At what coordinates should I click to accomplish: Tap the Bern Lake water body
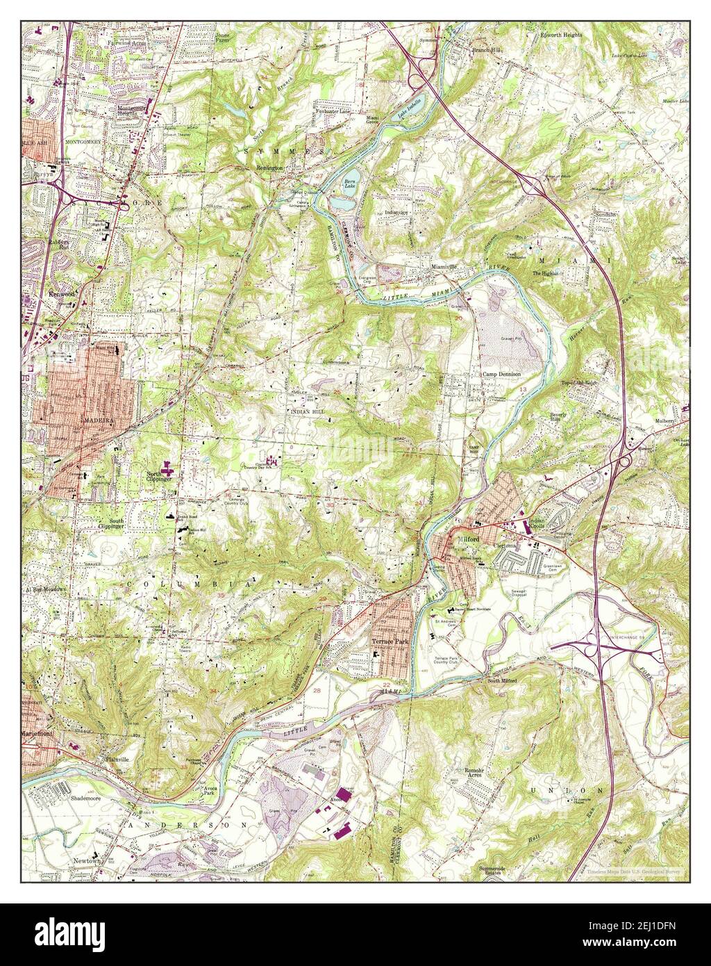tap(349, 184)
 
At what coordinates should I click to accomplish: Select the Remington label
tap(270, 169)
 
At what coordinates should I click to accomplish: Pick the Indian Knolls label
tap(543, 523)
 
